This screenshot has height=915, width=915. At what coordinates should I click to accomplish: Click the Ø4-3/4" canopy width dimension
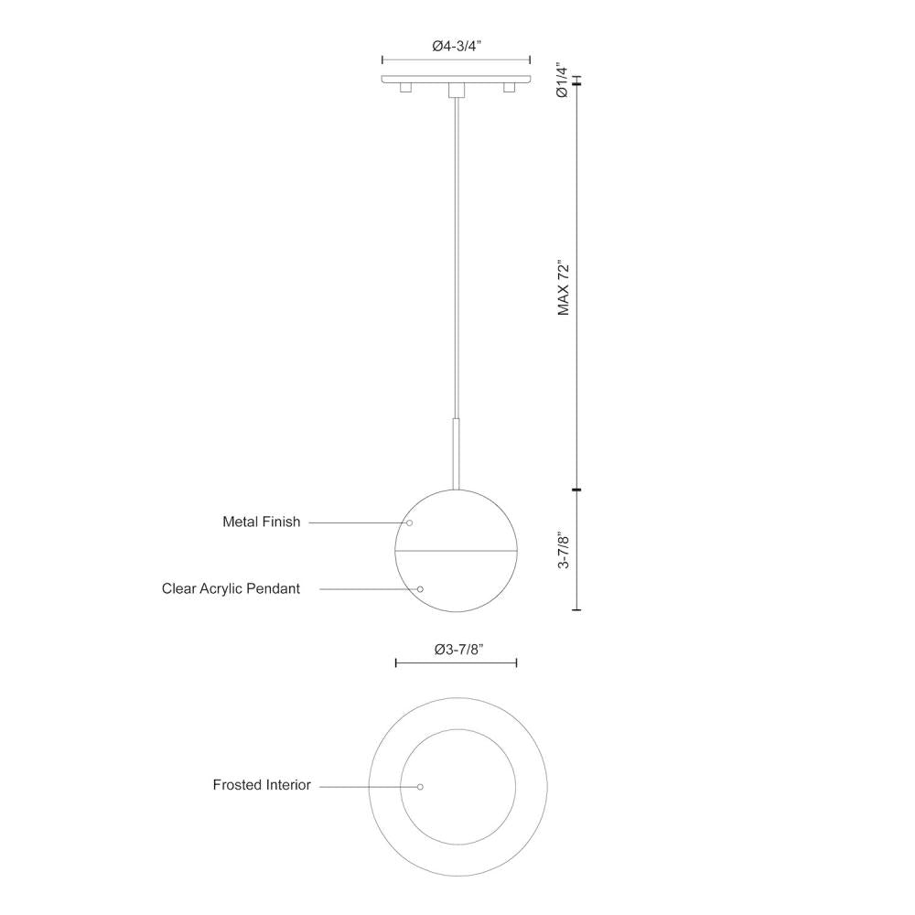456,47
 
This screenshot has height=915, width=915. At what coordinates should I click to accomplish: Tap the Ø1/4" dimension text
564,81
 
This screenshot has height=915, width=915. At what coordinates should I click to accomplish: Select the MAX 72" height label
564,289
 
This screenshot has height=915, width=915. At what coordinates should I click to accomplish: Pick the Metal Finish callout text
261,522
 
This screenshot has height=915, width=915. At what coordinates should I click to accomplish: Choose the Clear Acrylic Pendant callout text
231,588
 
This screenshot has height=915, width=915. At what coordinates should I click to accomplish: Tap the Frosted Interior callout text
262,785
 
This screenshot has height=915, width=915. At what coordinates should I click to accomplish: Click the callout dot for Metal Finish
410,522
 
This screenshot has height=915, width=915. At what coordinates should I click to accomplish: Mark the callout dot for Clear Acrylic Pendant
421,589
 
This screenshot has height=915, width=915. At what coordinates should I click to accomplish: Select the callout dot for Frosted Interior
420,787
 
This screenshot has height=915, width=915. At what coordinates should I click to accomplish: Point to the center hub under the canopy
456,90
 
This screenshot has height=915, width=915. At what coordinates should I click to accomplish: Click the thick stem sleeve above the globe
456,453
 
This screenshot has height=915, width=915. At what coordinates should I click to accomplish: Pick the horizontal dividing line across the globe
455,551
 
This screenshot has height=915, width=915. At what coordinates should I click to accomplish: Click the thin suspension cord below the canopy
456,256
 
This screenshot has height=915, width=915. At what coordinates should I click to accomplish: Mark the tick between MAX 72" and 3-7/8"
576,491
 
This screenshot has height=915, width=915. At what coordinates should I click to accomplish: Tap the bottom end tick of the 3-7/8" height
576,609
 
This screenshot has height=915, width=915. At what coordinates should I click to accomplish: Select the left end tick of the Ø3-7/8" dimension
396,662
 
